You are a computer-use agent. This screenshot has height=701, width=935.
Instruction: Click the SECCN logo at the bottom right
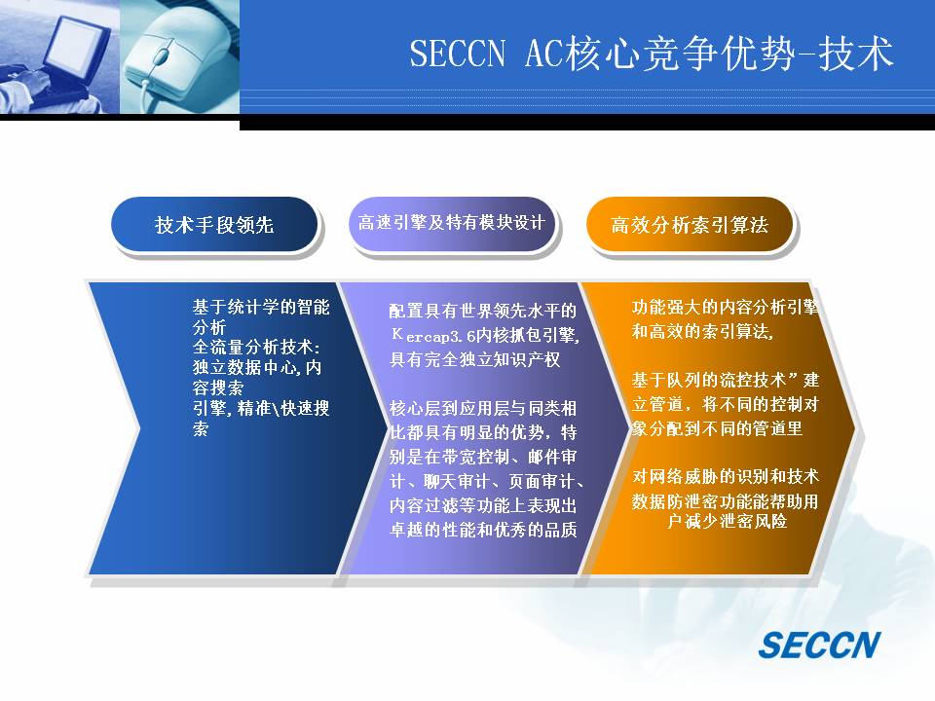(x=819, y=645)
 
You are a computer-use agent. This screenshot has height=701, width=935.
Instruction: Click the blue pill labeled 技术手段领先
(x=214, y=224)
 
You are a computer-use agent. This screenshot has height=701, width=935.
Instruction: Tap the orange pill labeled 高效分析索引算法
(x=690, y=224)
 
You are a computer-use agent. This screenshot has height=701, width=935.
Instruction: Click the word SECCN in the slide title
(x=458, y=53)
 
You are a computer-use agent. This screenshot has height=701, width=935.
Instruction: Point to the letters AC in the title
(x=543, y=53)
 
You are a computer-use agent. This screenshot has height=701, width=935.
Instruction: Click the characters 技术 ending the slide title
(x=856, y=53)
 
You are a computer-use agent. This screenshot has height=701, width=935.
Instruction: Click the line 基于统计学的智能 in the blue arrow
(x=261, y=307)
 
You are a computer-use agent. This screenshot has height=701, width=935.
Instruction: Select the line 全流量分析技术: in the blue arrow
(x=256, y=347)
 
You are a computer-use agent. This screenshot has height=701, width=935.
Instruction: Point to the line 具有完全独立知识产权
(x=474, y=359)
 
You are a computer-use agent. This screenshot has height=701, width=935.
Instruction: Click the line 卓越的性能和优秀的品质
(x=483, y=530)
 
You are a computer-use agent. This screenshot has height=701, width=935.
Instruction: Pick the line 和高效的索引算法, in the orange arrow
(x=703, y=331)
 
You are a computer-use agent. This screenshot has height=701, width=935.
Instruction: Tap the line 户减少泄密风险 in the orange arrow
(x=727, y=521)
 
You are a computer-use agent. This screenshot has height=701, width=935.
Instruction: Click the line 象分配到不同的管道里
(x=717, y=428)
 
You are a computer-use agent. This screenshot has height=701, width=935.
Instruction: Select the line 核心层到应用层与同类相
(x=483, y=408)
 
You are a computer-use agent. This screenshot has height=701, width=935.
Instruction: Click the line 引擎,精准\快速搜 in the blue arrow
(x=261, y=408)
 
